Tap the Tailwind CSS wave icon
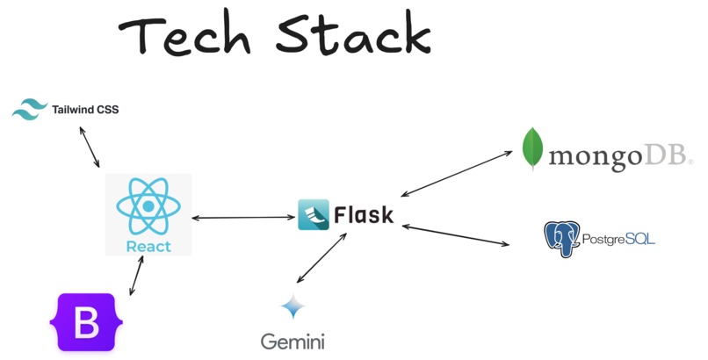click(29, 110)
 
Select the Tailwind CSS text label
click(85, 110)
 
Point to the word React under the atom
click(148, 246)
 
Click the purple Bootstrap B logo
click(85, 322)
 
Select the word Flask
click(363, 215)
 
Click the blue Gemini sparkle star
click(293, 308)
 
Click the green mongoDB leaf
click(531, 149)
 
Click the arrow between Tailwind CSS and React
click(89, 147)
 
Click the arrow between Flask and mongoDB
click(456, 173)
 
